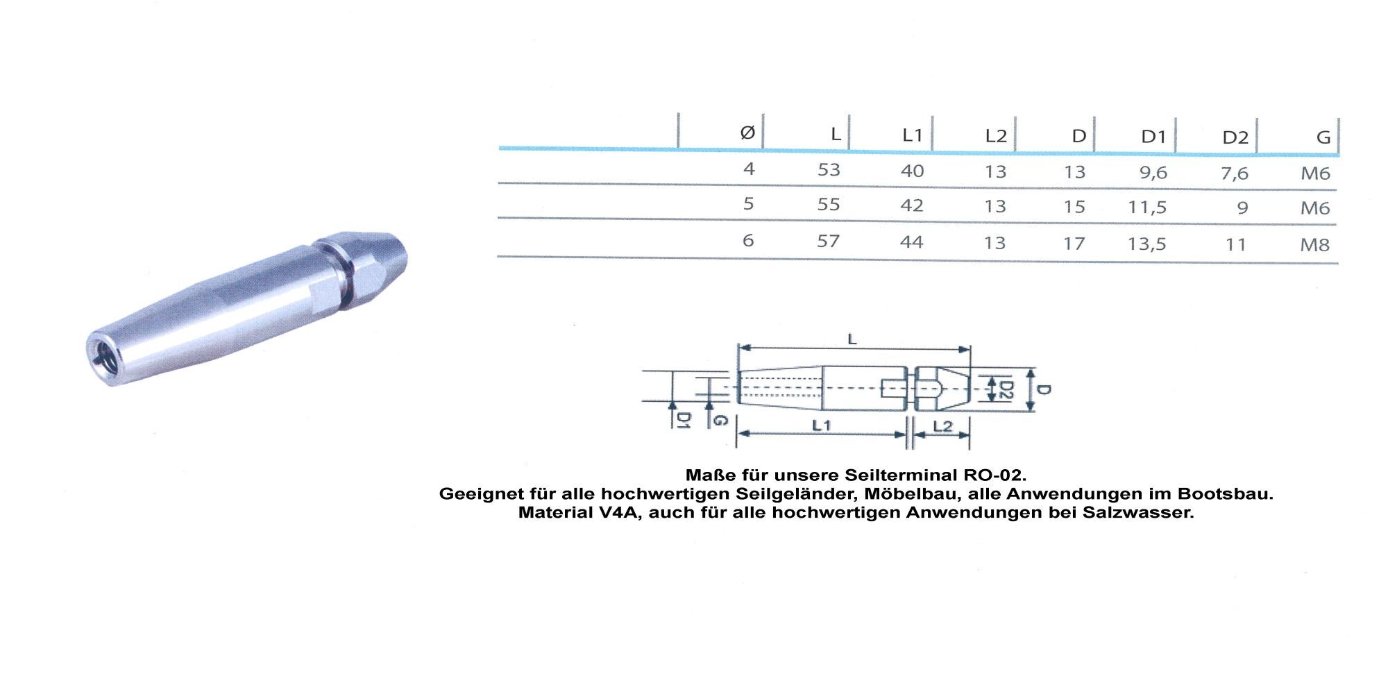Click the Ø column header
pyautogui.click(x=747, y=132)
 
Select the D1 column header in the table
pyautogui.click(x=1153, y=137)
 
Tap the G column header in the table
pyautogui.click(x=1323, y=137)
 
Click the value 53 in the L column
pyautogui.click(x=829, y=170)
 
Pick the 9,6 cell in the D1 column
pyautogui.click(x=1153, y=173)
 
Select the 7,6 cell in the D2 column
pyautogui.click(x=1235, y=173)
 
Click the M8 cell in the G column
pyautogui.click(x=1315, y=244)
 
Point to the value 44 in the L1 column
pyautogui.click(x=912, y=242)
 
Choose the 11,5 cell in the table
pyautogui.click(x=1147, y=207)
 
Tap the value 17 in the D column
pyautogui.click(x=1074, y=244)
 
